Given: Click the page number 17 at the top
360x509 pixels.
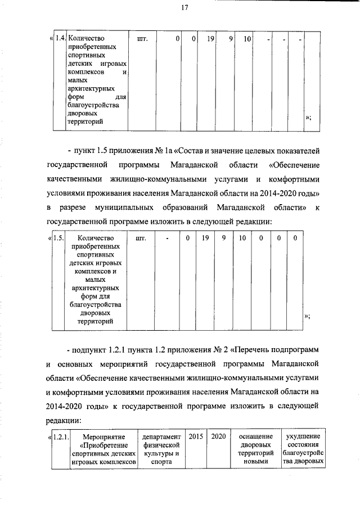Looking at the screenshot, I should pyautogui.click(x=184, y=7).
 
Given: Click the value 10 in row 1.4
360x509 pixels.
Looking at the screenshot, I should pyautogui.click(x=246, y=39).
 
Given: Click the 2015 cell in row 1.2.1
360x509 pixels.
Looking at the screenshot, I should pyautogui.click(x=196, y=436).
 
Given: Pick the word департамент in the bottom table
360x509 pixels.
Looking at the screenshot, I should pyautogui.click(x=161, y=436).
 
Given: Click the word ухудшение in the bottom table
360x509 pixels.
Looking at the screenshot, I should pyautogui.click(x=303, y=436).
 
